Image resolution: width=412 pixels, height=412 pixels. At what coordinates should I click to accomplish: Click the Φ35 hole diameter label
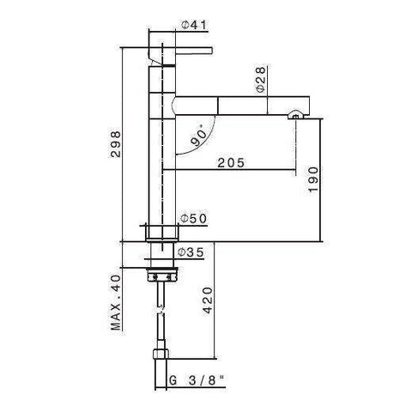188,252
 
